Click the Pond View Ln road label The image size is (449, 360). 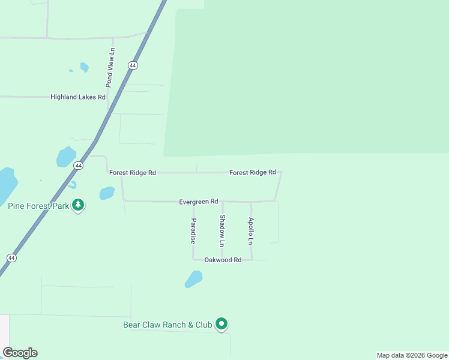tap(110, 68)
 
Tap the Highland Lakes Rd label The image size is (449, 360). tap(78, 97)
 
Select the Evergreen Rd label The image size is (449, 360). tap(198, 202)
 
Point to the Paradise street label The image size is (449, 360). tap(193, 230)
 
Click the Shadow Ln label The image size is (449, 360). tap(222, 231)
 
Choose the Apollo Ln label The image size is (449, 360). tap(251, 231)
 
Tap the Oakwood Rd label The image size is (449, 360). tap(223, 260)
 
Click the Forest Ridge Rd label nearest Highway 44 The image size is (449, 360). tap(133, 173)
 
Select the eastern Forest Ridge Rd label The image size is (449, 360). tap(253, 172)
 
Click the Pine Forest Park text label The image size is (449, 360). tap(37, 206)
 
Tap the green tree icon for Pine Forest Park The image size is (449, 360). tap(77, 205)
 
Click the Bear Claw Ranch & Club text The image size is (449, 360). tap(167, 325)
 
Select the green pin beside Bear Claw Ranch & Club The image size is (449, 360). tap(221, 324)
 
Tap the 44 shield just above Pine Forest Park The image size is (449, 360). tap(78, 165)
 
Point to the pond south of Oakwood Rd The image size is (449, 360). tap(193, 279)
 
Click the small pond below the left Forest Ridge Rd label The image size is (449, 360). tap(107, 193)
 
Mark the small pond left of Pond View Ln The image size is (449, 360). tap(84, 67)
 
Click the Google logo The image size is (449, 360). tap(20, 353)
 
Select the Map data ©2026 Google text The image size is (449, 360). tap(411, 355)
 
